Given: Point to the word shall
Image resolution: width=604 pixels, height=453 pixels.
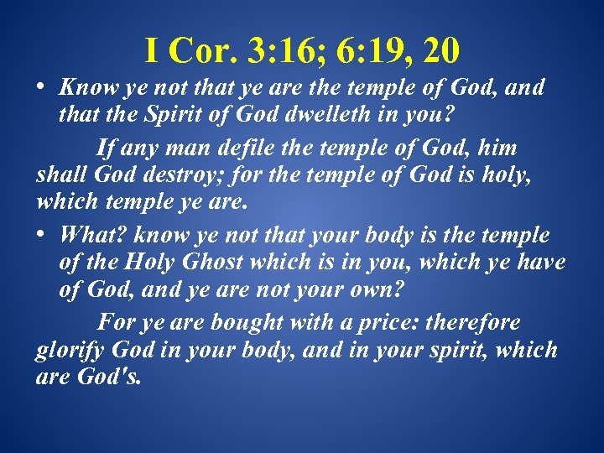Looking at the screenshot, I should (x=58, y=174).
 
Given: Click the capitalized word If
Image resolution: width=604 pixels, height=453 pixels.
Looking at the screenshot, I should (x=107, y=149).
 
